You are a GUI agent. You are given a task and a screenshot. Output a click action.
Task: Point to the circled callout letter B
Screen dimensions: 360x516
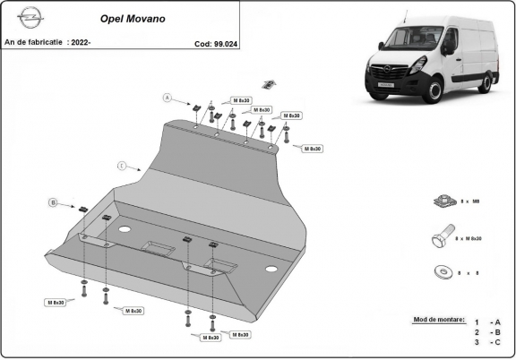(53, 203)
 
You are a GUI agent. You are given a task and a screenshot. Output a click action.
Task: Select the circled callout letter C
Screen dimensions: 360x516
(122, 166)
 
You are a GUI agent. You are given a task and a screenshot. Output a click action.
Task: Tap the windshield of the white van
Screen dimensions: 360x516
(408, 40)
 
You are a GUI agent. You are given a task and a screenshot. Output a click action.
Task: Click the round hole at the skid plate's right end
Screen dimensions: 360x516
(271, 270)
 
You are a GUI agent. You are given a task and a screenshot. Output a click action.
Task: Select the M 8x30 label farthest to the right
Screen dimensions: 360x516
(312, 149)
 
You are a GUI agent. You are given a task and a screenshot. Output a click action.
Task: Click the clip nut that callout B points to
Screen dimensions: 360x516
(82, 209)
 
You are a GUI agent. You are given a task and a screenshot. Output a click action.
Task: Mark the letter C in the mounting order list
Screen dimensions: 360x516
(498, 341)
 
